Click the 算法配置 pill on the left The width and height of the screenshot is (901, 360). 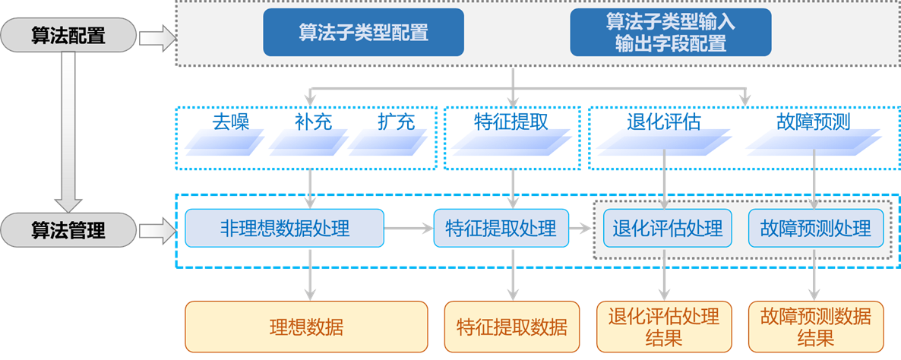pyautogui.click(x=68, y=36)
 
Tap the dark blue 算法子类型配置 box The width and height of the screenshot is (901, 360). pyautogui.click(x=364, y=32)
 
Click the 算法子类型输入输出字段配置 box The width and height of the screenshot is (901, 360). pyautogui.click(x=671, y=32)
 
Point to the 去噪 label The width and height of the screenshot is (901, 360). pyautogui.click(x=230, y=122)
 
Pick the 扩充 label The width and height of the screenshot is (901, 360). pyautogui.click(x=396, y=122)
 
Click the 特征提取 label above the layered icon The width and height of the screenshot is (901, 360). pyautogui.click(x=511, y=122)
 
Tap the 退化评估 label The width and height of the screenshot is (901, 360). pyautogui.click(x=664, y=122)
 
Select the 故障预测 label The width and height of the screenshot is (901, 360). pyautogui.click(x=813, y=122)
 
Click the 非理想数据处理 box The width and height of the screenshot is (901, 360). pyautogui.click(x=284, y=229)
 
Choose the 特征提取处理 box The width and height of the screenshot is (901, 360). pyautogui.click(x=501, y=229)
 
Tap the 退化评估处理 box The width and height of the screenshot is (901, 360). pyautogui.click(x=667, y=229)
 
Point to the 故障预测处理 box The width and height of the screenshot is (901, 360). pyautogui.click(x=816, y=229)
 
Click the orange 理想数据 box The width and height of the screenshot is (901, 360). pyautogui.click(x=306, y=327)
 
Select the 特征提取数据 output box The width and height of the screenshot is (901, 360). pyautogui.click(x=511, y=327)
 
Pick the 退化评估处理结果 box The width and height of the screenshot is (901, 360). pyautogui.click(x=664, y=327)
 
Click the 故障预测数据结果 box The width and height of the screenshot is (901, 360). pyautogui.click(x=816, y=327)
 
